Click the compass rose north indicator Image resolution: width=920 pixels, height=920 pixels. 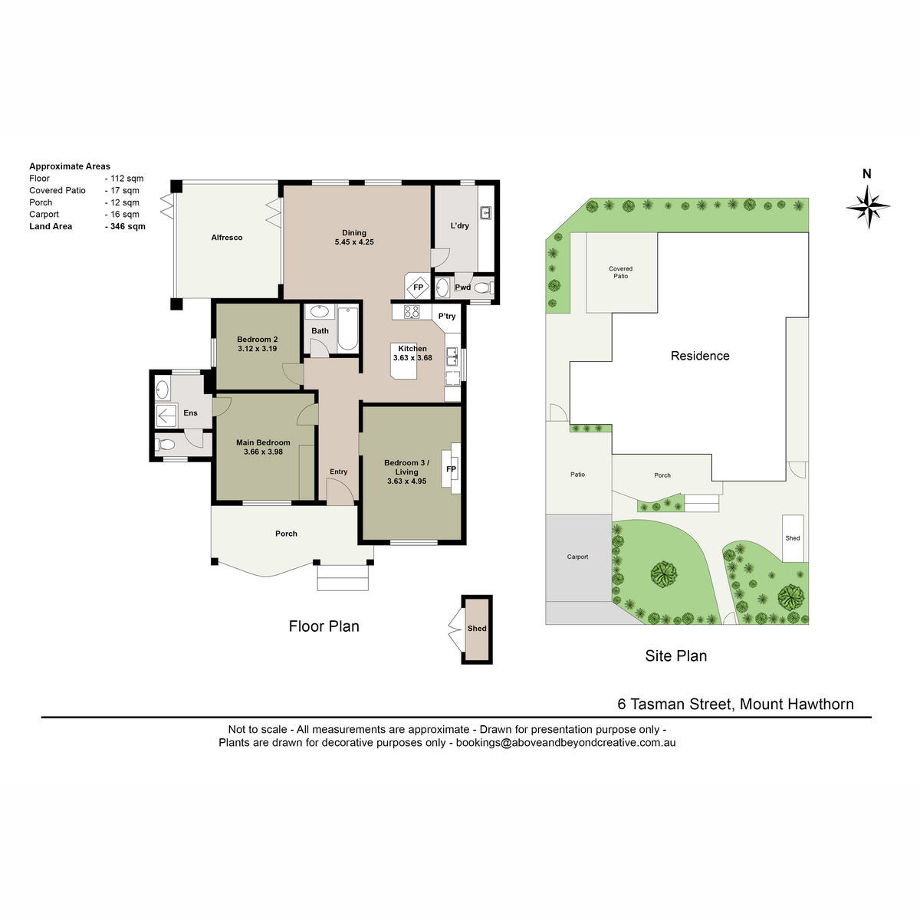(x=867, y=205)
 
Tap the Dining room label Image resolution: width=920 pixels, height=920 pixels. (x=353, y=233)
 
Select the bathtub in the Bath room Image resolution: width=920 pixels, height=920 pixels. (x=347, y=329)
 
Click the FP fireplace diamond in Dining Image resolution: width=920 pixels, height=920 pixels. (x=418, y=287)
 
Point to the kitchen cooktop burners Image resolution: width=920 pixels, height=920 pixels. (x=411, y=312)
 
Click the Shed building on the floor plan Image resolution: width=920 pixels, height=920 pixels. (x=476, y=629)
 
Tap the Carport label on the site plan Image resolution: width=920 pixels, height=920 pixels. (x=577, y=557)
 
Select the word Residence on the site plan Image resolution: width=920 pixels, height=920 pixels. (x=699, y=356)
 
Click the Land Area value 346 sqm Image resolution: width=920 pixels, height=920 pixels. (x=125, y=226)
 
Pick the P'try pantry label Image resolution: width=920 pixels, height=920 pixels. (x=446, y=316)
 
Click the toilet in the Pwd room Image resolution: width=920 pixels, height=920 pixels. (x=484, y=288)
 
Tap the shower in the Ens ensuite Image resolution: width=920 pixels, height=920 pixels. (x=166, y=416)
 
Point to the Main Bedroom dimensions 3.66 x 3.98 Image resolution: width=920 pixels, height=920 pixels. (x=263, y=452)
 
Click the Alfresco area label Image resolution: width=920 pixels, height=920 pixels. (x=227, y=237)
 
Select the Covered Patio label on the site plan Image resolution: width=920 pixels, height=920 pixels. (x=620, y=272)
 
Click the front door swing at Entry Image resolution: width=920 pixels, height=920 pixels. (x=340, y=491)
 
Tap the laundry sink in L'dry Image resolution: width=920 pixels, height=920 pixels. (x=486, y=212)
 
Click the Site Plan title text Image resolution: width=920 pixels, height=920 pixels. (x=675, y=656)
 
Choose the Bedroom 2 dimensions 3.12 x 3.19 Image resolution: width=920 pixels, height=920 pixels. (x=258, y=349)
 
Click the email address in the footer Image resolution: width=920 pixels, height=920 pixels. (x=566, y=742)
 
